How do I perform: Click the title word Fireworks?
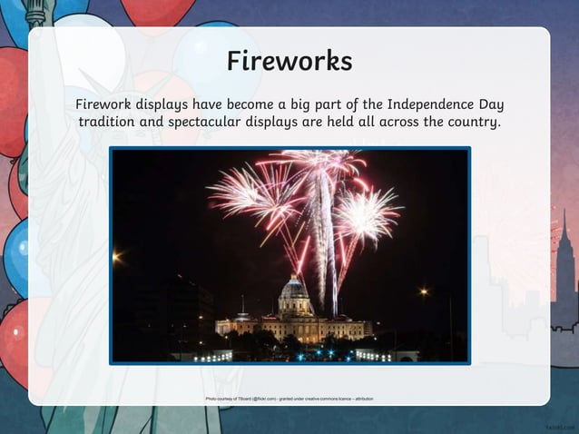[x=289, y=61]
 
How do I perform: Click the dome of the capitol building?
[x=295, y=292]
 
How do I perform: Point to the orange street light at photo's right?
[x=423, y=291]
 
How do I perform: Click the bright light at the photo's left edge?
[x=116, y=257]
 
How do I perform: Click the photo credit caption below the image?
[x=289, y=399]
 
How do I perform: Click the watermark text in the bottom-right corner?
[x=559, y=424]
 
